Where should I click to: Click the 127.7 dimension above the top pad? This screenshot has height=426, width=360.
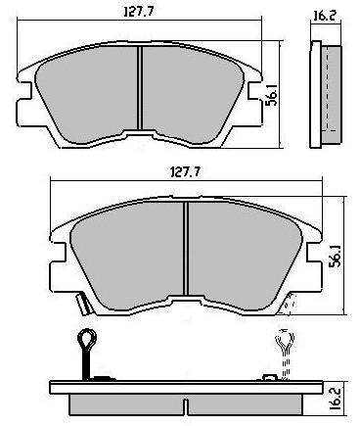pyautogui.click(x=139, y=12)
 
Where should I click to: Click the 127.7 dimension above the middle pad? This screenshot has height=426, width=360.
pyautogui.click(x=185, y=171)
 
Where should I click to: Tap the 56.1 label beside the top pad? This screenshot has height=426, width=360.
pyautogui.click(x=272, y=94)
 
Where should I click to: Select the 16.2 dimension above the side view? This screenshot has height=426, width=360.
pyautogui.click(x=324, y=16)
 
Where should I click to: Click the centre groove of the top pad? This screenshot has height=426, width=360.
pyautogui.click(x=140, y=88)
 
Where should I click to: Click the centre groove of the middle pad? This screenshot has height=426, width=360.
pyautogui.click(x=186, y=249)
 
